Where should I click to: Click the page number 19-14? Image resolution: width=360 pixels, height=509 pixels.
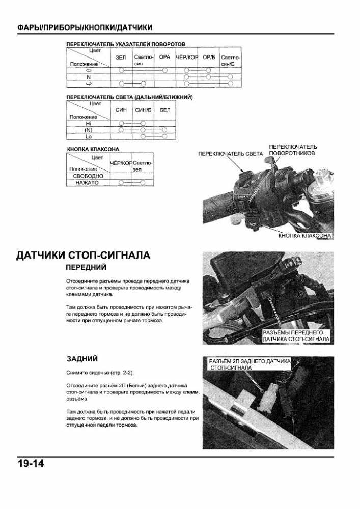click(x=31, y=463)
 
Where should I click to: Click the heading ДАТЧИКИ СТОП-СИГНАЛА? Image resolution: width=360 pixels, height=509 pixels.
click(x=84, y=256)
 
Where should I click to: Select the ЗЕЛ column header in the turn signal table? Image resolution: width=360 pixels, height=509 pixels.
click(x=121, y=57)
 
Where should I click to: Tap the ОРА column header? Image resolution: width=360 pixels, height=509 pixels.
click(x=164, y=57)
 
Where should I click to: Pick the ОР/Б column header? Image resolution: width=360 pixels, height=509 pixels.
click(x=209, y=57)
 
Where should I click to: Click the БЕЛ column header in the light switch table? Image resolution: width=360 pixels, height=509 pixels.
click(x=165, y=110)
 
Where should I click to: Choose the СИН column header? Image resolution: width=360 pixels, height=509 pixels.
click(x=121, y=110)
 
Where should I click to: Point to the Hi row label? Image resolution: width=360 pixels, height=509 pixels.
click(x=89, y=124)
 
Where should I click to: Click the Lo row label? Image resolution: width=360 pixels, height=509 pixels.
click(x=89, y=136)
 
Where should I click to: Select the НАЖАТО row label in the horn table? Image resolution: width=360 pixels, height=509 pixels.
click(x=87, y=183)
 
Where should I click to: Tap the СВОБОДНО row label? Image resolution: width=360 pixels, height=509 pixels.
click(x=88, y=176)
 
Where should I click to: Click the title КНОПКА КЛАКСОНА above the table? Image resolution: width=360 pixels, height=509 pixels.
click(x=93, y=149)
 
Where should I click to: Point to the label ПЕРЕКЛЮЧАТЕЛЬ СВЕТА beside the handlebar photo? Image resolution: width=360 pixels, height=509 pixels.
click(x=231, y=154)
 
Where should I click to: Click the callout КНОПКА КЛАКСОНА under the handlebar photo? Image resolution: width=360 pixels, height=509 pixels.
click(x=305, y=236)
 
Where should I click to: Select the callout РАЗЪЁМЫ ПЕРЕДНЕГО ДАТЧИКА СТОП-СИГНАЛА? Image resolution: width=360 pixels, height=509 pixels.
click(x=296, y=336)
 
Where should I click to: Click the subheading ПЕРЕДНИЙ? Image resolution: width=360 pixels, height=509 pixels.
click(x=86, y=268)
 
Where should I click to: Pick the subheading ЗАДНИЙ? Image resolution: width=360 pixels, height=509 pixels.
click(x=82, y=359)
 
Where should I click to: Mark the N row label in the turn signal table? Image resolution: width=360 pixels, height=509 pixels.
click(x=89, y=77)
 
